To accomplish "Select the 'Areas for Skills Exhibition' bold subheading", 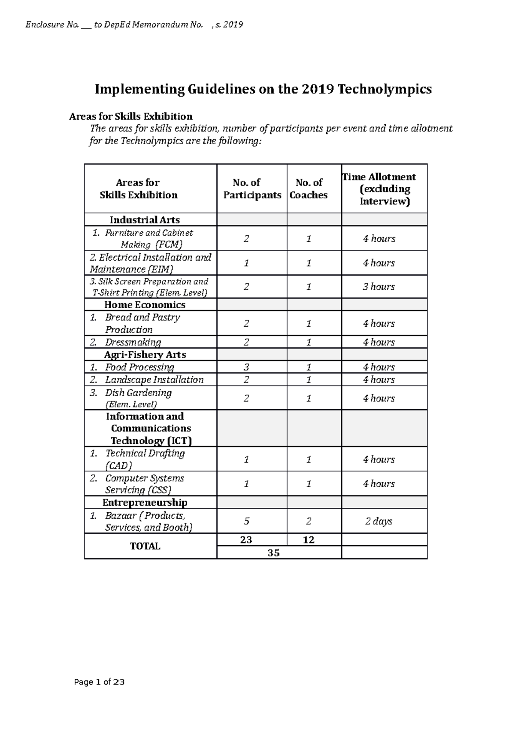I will [x=130, y=116].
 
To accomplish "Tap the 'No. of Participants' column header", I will [x=252, y=189].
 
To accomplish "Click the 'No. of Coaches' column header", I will [x=309, y=189].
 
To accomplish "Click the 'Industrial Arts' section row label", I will [x=145, y=220].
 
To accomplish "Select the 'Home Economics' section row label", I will [x=145, y=305].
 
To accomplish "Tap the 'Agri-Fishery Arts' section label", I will [x=145, y=355].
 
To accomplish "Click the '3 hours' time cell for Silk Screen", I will [x=379, y=287].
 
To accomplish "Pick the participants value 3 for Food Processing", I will [x=246, y=367].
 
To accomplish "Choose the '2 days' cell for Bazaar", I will [x=379, y=521].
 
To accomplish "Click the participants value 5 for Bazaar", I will [x=246, y=521].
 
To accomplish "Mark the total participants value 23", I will [x=246, y=540].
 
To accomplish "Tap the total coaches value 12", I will [x=309, y=540].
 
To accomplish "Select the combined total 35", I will [x=273, y=553].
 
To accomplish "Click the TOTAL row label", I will [x=145, y=546].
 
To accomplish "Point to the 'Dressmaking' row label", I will [x=133, y=342].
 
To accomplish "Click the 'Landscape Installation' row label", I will [x=154, y=380].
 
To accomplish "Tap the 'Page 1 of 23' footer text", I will [x=99, y=682].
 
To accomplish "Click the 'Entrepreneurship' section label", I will [x=145, y=502].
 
